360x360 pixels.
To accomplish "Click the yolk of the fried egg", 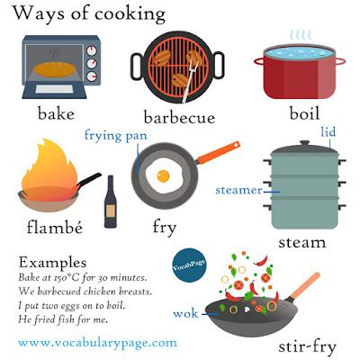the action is (x=163, y=175).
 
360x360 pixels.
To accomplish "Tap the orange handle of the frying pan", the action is (x=218, y=153).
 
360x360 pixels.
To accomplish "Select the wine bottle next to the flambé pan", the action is (x=111, y=202).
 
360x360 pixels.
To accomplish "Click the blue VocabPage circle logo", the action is (x=189, y=265).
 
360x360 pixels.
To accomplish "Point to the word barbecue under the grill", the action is (x=179, y=117).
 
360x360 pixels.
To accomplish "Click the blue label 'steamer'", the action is (x=238, y=190).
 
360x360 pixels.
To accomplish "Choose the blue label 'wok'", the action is (x=185, y=314).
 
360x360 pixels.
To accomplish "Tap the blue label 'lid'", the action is (x=328, y=132).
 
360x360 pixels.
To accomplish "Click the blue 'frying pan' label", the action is (x=116, y=136).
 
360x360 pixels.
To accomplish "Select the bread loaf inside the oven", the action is (x=55, y=69).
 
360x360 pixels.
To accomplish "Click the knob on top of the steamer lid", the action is (x=304, y=143).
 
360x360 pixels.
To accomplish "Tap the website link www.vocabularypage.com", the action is (x=97, y=343).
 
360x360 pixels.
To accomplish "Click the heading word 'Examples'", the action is (x=53, y=262).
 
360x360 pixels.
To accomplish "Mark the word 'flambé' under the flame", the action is (x=55, y=227).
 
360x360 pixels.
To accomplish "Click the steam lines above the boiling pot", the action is (x=301, y=35).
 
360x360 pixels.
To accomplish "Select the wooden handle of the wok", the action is (x=304, y=286).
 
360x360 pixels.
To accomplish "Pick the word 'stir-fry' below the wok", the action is (x=307, y=346).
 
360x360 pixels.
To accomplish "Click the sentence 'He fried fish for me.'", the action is (x=63, y=319).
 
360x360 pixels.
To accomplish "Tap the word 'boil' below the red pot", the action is (x=304, y=113).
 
